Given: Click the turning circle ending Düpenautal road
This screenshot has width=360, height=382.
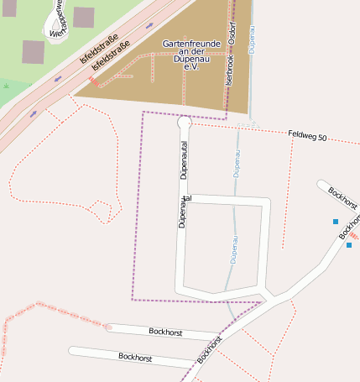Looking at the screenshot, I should pos(185,123).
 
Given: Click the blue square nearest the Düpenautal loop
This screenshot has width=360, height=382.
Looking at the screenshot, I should pos(336,222).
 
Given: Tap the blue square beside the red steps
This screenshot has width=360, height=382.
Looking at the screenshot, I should pos(349,245).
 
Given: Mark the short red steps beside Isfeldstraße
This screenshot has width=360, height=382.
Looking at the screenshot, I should pos(91,81).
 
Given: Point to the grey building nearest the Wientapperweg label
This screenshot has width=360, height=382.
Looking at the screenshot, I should pos(33,52).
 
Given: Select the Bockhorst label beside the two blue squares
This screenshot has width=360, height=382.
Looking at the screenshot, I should pos(342,199).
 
